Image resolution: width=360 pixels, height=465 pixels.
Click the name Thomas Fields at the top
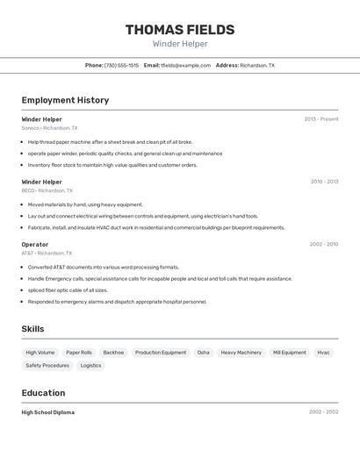[180, 30]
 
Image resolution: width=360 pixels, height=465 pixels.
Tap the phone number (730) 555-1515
[121, 65]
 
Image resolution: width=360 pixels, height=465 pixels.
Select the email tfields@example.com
[185, 65]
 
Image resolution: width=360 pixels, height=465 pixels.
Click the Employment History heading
[65, 100]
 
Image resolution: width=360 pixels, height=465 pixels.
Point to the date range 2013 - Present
[320, 118]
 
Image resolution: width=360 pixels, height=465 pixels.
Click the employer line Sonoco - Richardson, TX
[49, 128]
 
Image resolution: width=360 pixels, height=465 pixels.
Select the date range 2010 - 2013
[324, 182]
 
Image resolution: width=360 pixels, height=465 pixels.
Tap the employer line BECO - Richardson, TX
[47, 190]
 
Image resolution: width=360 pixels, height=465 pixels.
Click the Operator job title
[35, 244]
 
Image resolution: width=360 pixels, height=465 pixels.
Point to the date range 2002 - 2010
[324, 244]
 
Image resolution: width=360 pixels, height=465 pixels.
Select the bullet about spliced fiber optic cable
[68, 290]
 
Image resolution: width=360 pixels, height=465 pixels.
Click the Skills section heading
[32, 329]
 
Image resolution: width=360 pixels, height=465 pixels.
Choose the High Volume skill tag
[40, 353]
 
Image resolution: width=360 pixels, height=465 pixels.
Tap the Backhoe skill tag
[113, 353]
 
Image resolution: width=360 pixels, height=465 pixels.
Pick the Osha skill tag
[203, 353]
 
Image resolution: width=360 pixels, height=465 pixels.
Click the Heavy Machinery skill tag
[241, 353]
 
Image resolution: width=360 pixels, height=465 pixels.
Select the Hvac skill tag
[323, 353]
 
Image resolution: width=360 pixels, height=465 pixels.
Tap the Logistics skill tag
[90, 365]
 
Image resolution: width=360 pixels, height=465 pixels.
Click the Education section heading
[43, 393]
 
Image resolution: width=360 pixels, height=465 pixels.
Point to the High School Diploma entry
[47, 412]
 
